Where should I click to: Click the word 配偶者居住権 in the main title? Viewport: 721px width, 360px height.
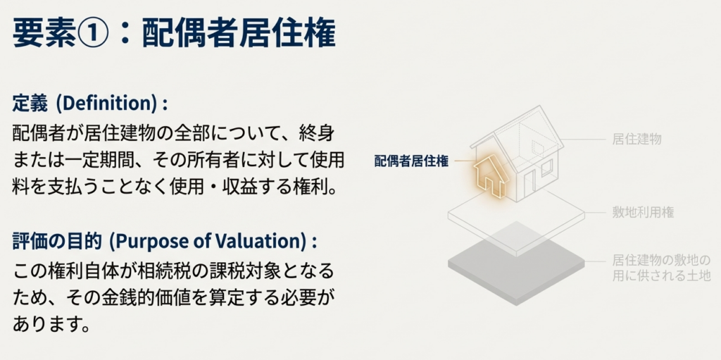239,33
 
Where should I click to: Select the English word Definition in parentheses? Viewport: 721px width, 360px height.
108,104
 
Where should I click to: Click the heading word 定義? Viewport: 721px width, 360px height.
30,104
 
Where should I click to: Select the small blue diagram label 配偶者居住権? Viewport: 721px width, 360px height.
411,161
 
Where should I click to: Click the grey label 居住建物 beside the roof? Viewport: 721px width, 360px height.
637,139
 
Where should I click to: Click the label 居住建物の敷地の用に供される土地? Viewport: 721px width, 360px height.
661,268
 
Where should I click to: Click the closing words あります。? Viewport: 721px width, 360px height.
51,325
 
